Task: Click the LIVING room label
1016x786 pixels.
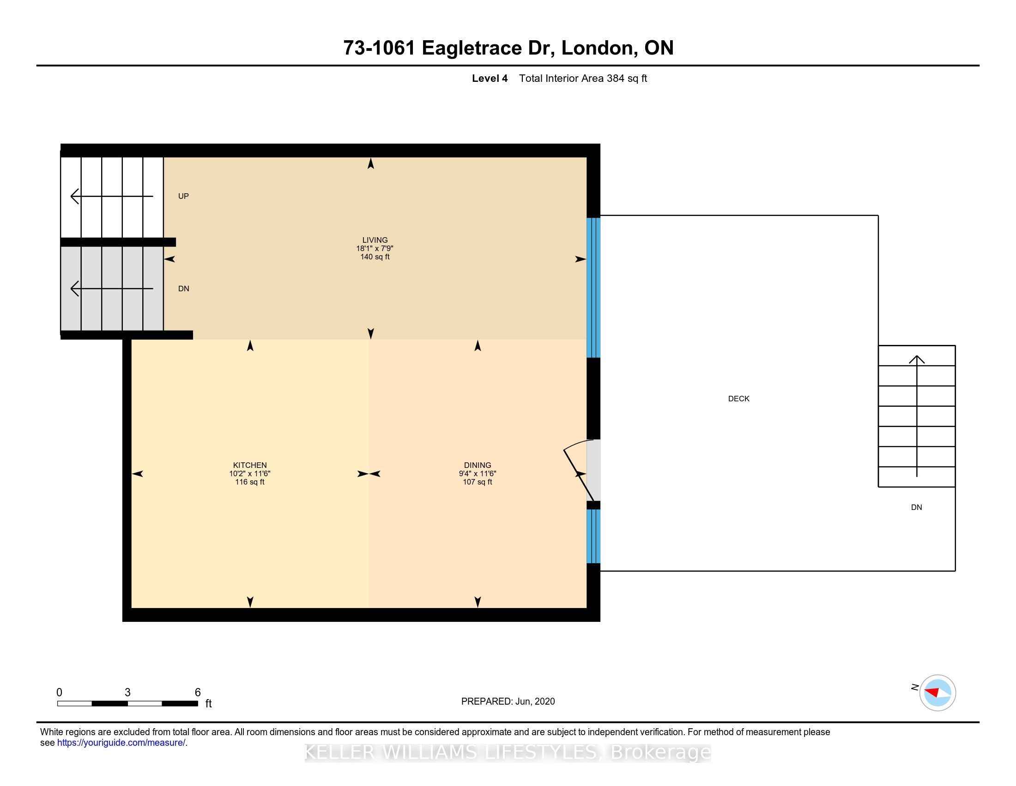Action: point(375,240)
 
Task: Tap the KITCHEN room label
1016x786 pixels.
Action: point(250,465)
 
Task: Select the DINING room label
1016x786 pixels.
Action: point(478,465)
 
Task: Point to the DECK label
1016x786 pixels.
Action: point(739,399)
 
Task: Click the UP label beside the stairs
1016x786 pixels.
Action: point(183,196)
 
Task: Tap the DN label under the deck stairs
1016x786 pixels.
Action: point(916,508)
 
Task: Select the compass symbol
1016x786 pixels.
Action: point(937,693)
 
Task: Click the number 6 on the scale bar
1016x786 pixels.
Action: point(198,693)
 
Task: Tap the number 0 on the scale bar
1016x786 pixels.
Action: point(59,693)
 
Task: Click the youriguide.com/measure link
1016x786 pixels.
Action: point(121,743)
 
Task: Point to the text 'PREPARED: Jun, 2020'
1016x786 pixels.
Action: point(508,701)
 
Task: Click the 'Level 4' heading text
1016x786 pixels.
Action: point(490,78)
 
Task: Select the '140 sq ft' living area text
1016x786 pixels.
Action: point(375,257)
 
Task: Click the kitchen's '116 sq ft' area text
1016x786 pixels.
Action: point(250,482)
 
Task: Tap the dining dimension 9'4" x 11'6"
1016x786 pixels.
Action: point(478,473)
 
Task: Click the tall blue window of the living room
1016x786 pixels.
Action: point(593,288)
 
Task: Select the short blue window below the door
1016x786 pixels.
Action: point(593,536)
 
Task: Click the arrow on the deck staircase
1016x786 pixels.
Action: point(916,416)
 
